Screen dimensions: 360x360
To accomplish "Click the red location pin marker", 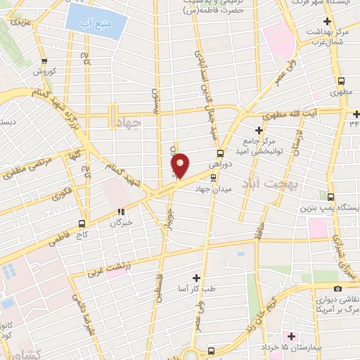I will (x=181, y=165).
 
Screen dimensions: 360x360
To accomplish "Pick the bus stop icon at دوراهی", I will (x=220, y=153).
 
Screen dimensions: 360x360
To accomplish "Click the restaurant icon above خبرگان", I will (x=121, y=210).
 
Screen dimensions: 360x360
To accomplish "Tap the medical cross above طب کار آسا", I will (x=196, y=277).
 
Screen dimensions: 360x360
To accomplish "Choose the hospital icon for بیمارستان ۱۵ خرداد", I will (x=292, y=336).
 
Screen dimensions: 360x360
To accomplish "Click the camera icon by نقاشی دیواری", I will (x=338, y=289).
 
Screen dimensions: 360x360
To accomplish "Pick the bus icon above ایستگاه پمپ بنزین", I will (x=331, y=196).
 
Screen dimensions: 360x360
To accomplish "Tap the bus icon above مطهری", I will (x=342, y=82).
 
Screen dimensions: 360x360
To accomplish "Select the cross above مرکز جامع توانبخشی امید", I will (x=259, y=130).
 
